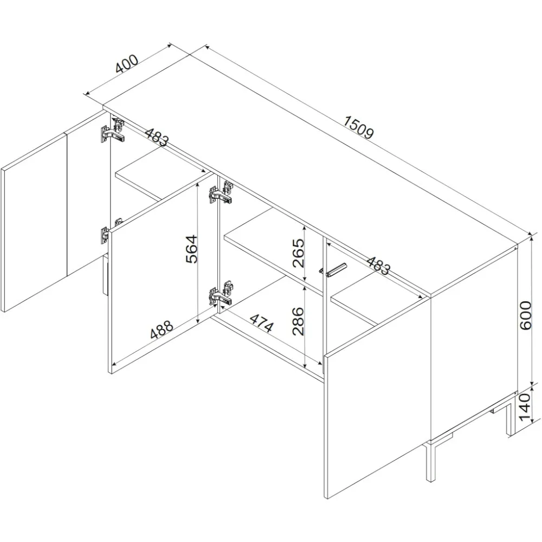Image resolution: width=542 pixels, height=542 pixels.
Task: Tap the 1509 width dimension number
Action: click(359, 127)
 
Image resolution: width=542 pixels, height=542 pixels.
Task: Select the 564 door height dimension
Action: click(191, 249)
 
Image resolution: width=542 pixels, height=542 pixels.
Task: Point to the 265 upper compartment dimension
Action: click(298, 253)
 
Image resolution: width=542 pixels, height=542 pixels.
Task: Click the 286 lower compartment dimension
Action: click(298, 321)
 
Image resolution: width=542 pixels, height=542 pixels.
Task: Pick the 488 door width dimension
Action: click(162, 329)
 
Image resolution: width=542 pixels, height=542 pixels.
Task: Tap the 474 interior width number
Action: click(262, 323)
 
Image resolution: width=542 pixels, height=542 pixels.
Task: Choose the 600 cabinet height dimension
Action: click(525, 315)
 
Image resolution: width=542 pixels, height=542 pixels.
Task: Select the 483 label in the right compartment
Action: click(378, 266)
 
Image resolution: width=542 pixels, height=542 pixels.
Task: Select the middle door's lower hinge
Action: click(221, 293)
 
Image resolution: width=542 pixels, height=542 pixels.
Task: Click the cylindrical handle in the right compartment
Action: click(333, 270)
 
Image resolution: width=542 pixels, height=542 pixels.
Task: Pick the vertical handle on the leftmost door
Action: click(105, 274)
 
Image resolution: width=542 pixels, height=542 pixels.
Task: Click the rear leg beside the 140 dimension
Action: click(509, 416)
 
